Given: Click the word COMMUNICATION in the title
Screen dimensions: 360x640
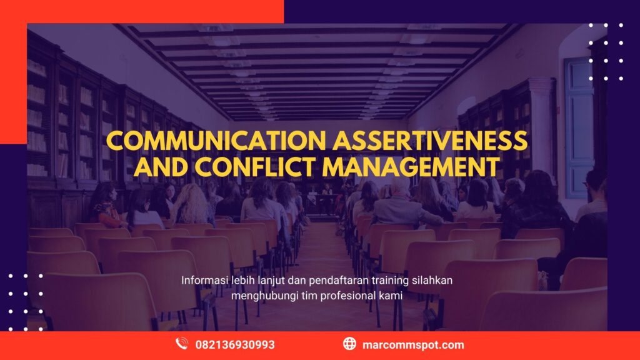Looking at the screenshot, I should [x=216, y=141].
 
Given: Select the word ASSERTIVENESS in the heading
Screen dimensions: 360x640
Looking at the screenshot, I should [x=431, y=141].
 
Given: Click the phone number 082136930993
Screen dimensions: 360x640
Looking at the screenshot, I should [x=235, y=344].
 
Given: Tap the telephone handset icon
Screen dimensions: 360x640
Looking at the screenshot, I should [x=182, y=344].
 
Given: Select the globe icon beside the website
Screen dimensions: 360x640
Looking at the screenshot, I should [x=349, y=344].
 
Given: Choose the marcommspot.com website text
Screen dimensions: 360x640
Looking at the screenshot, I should [x=412, y=344].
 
